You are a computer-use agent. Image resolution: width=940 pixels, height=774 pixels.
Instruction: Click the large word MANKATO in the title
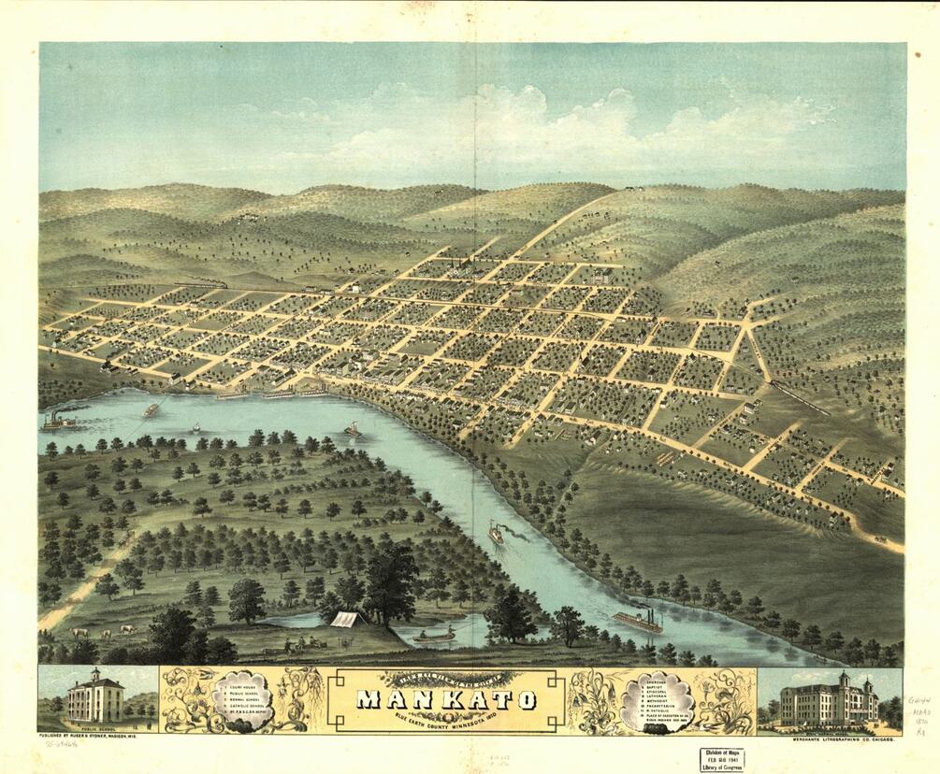click(x=444, y=699)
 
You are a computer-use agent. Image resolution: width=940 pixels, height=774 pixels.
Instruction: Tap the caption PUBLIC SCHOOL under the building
click(x=98, y=726)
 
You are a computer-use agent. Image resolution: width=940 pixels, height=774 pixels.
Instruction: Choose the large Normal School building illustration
click(x=829, y=700)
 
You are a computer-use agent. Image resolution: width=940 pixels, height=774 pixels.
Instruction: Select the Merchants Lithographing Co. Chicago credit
click(x=828, y=738)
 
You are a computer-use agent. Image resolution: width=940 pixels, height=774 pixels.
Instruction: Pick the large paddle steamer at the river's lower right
click(x=638, y=622)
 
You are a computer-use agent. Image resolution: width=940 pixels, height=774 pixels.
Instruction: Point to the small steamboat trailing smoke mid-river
click(x=496, y=533)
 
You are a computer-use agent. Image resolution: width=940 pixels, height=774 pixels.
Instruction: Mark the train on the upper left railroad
click(x=201, y=284)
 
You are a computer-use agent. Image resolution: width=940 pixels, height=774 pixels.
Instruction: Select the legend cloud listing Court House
click(x=240, y=696)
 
